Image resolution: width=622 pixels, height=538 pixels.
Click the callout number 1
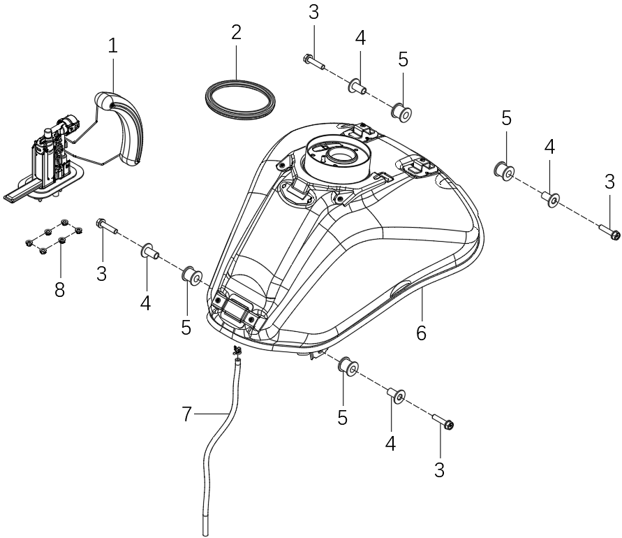(112, 46)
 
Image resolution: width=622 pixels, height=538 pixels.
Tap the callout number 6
(421, 333)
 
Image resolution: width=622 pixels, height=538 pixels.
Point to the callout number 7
(186, 414)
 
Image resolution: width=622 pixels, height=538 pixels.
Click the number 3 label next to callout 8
(101, 274)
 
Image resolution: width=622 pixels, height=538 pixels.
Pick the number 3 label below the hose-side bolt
(439, 470)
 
